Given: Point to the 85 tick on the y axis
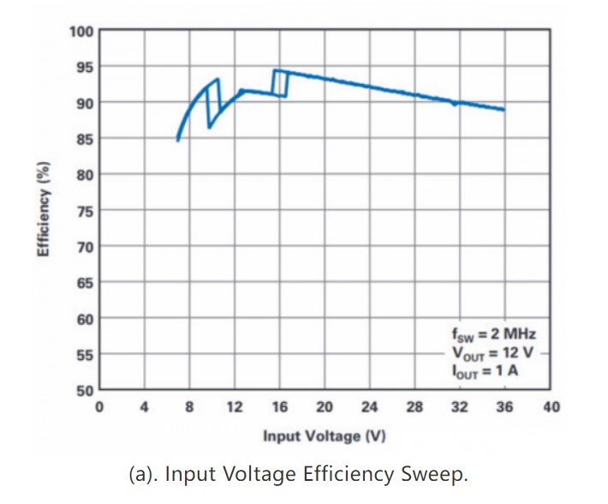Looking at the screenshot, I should [83, 139].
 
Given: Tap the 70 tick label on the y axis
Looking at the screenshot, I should [83, 247].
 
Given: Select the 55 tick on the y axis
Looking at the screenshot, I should [83, 355].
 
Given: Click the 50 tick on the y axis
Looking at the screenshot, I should [83, 391].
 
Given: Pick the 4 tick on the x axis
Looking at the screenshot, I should [144, 407].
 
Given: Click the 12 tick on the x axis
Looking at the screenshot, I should [234, 407].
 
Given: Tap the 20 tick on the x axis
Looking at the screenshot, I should [325, 407].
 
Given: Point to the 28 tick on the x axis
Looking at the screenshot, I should [414, 407].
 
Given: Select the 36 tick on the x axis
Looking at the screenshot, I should [504, 407].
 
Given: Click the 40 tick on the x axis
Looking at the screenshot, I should [550, 407].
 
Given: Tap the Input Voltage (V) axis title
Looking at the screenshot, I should [324, 436].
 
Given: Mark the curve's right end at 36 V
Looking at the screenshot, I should [504, 110].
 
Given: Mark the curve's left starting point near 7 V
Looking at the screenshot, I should [177, 140].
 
